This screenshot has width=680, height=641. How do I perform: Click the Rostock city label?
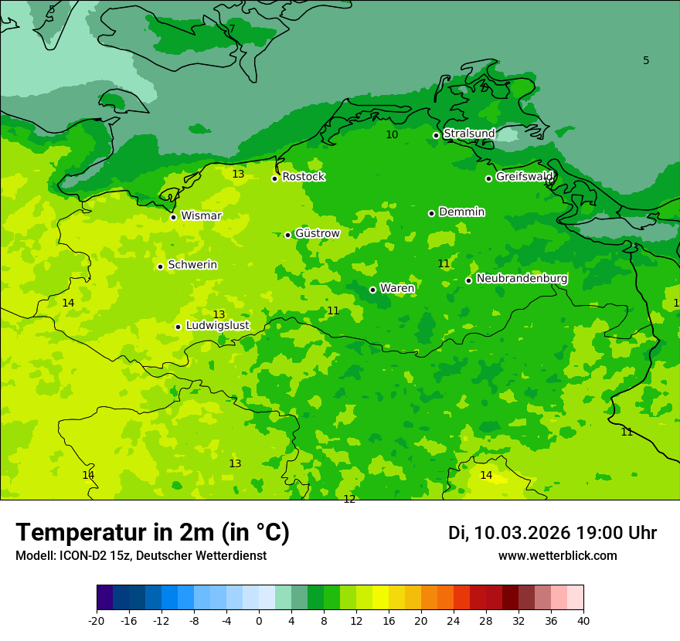pyautogui.click(x=303, y=177)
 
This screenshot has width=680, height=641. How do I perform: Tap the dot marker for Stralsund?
pyautogui.click(x=436, y=135)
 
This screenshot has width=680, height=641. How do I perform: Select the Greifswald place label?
pyautogui.click(x=525, y=177)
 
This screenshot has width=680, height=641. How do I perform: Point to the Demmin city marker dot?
pyautogui.click(x=431, y=213)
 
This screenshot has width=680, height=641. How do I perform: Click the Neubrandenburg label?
pyautogui.click(x=522, y=279)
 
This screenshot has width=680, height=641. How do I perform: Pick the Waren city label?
pyautogui.click(x=397, y=289)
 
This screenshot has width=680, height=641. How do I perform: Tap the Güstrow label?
pyautogui.click(x=317, y=233)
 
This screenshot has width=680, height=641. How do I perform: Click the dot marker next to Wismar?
pyautogui.click(x=173, y=217)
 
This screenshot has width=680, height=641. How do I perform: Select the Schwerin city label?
pyautogui.click(x=192, y=265)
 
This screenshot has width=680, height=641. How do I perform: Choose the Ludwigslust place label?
pyautogui.click(x=217, y=326)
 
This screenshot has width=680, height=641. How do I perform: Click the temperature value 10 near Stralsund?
pyautogui.click(x=392, y=134)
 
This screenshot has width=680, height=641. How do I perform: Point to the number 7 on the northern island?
pyautogui.click(x=231, y=29)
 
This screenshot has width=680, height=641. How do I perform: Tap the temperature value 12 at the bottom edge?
pyautogui.click(x=349, y=499)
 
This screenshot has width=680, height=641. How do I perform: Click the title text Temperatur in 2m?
pyautogui.click(x=152, y=532)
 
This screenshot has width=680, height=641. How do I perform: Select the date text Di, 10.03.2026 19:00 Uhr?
pyautogui.click(x=552, y=533)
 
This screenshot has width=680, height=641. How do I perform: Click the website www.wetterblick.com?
pyautogui.click(x=557, y=556)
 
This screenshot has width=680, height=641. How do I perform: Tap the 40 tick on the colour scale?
pyautogui.click(x=583, y=621)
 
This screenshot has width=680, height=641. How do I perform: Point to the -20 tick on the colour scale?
pyautogui.click(x=97, y=621)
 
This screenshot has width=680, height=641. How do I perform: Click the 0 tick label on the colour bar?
pyautogui.click(x=259, y=621)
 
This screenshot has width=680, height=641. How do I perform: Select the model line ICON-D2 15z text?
pyautogui.click(x=141, y=556)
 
